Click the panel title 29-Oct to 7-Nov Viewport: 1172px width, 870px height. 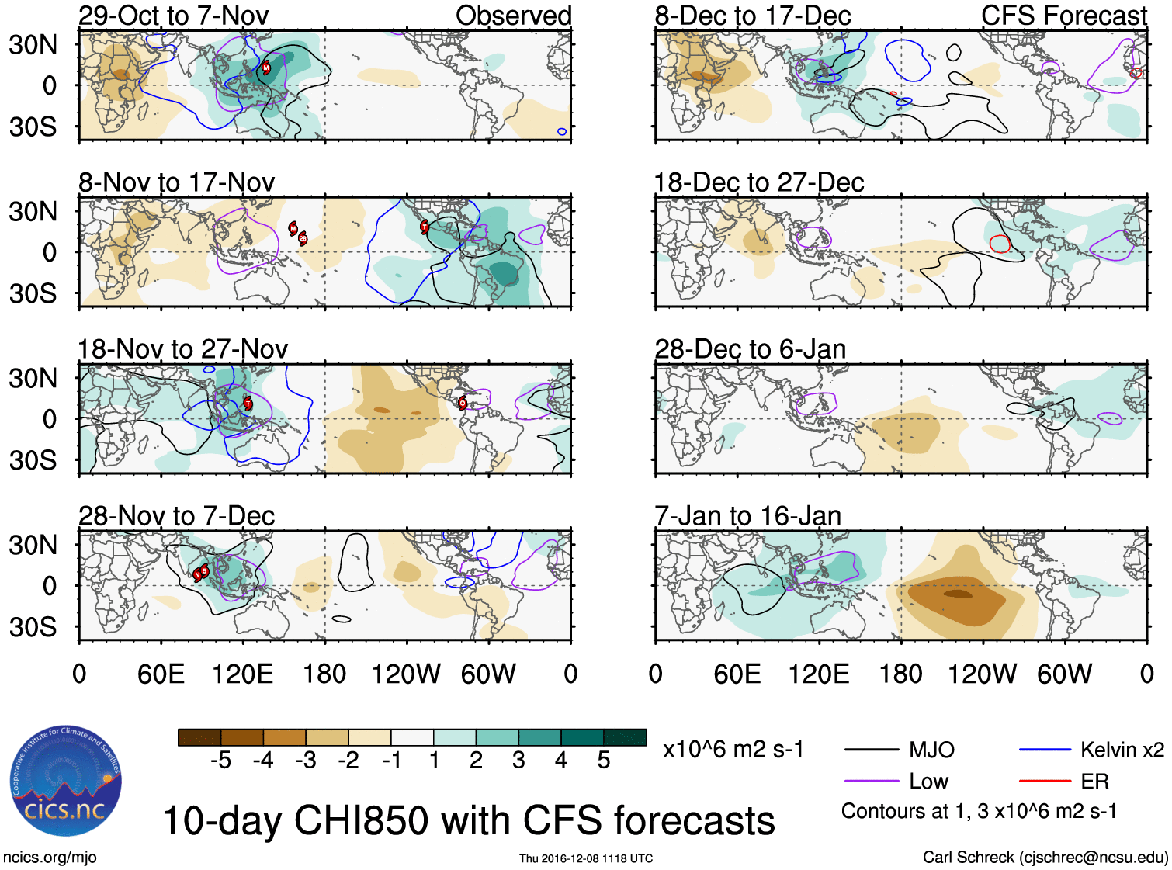coord(173,16)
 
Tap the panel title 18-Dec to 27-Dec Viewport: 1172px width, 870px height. coord(758,182)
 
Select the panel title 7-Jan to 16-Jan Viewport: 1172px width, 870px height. coord(747,516)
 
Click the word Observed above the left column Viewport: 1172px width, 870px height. coord(513,16)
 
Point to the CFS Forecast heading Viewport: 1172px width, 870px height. coord(1063,16)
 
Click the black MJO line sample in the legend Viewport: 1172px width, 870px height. coord(871,750)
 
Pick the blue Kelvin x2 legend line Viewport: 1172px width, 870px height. coord(1045,750)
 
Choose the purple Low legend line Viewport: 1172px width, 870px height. coord(871,782)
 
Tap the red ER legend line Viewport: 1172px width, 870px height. coord(1045,782)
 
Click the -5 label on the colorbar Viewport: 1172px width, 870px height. coord(220,761)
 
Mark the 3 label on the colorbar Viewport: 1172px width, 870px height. coord(518,761)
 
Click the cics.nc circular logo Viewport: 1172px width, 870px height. coord(66,781)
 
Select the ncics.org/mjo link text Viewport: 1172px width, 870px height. coord(50,858)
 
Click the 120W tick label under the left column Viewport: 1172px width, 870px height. coord(406,674)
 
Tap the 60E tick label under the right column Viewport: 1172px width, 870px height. coord(737,674)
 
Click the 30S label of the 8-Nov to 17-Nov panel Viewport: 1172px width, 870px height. coord(33,293)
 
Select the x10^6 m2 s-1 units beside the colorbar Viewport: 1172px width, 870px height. coord(733,750)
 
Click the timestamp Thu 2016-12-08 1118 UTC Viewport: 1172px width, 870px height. coord(586,858)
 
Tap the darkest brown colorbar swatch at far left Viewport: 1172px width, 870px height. coord(199,737)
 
